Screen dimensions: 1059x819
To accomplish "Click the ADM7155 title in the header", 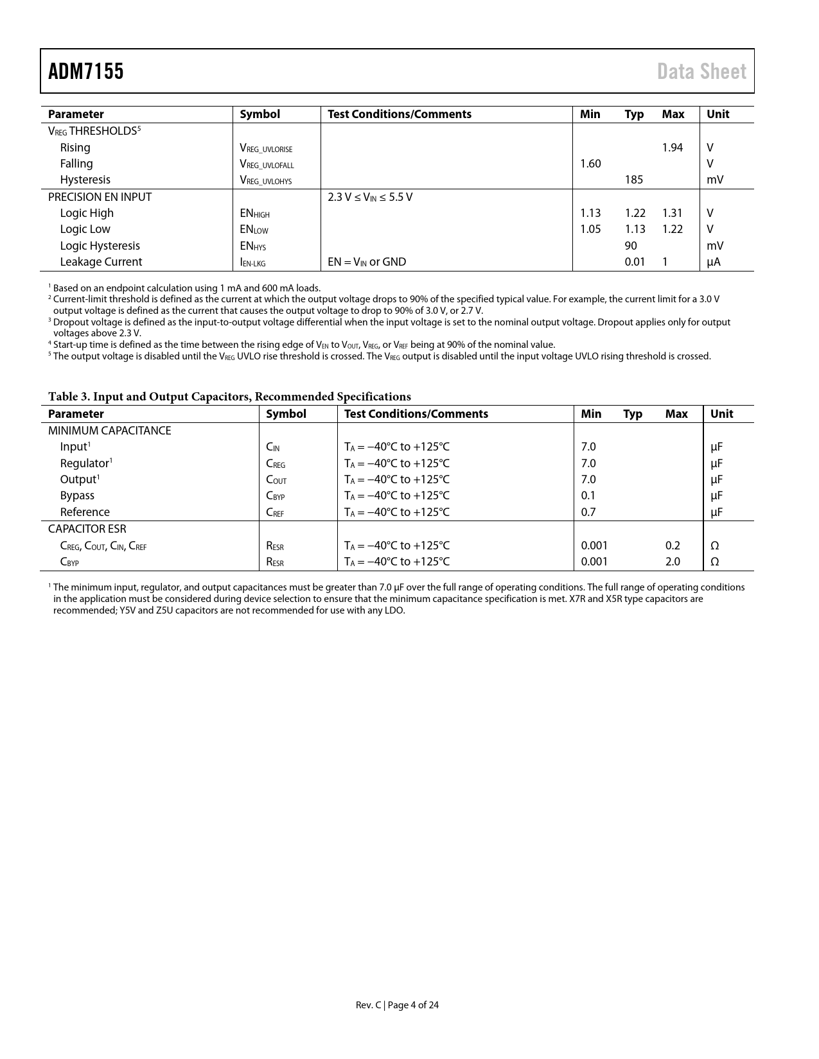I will click(86, 71).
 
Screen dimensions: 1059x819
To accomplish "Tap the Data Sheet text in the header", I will click(701, 71).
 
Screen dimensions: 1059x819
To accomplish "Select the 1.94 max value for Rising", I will click(672, 148).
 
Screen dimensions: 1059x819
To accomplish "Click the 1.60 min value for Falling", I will click(590, 164).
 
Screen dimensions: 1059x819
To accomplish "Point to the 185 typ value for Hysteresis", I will click(633, 180).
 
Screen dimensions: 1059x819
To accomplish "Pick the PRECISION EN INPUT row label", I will click(100, 197).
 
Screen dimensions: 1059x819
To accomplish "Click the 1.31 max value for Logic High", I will click(672, 213).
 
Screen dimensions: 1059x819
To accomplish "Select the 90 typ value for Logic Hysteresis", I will click(631, 246).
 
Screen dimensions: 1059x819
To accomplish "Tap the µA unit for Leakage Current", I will click(714, 262).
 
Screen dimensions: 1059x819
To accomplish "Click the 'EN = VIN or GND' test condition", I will click(367, 262).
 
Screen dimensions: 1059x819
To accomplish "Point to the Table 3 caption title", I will click(229, 397).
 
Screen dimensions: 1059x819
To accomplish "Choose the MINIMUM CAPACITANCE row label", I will click(109, 431).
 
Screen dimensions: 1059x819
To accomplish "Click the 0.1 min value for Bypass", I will click(588, 495).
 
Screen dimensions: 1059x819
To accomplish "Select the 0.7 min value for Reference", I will click(588, 512).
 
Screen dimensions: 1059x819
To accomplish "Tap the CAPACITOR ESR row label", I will click(87, 529).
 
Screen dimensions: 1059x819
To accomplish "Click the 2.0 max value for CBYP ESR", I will click(672, 562).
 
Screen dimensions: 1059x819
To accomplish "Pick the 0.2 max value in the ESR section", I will click(672, 546).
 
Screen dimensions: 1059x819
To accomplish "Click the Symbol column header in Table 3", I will click(286, 414).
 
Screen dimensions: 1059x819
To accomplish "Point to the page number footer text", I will click(397, 1005).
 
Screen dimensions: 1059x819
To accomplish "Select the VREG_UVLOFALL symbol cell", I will click(267, 164).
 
